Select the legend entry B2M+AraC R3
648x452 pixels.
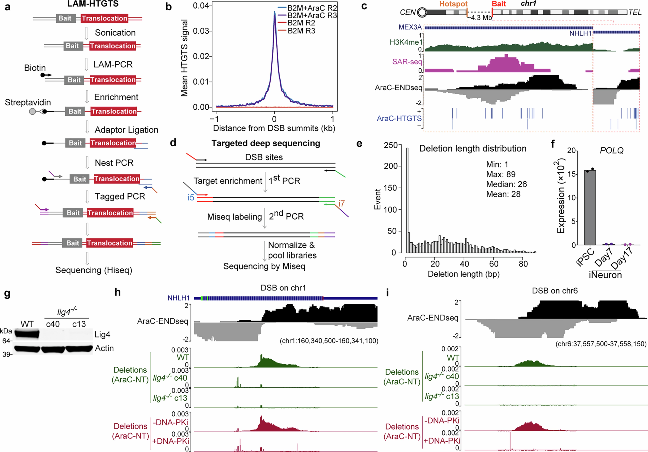point(312,15)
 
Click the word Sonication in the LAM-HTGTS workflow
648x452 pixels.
point(115,33)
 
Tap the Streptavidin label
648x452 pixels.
point(28,102)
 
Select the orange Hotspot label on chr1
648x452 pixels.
point(453,4)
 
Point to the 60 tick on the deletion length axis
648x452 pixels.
point(494,264)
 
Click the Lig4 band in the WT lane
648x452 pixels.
point(27,334)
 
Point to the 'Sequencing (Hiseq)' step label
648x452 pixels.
point(94,270)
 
